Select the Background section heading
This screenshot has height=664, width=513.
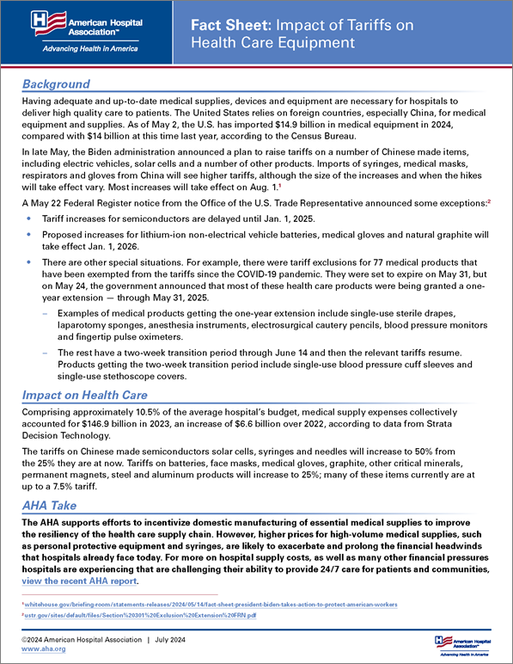click(56, 83)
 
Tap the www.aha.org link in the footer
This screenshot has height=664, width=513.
click(40, 649)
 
